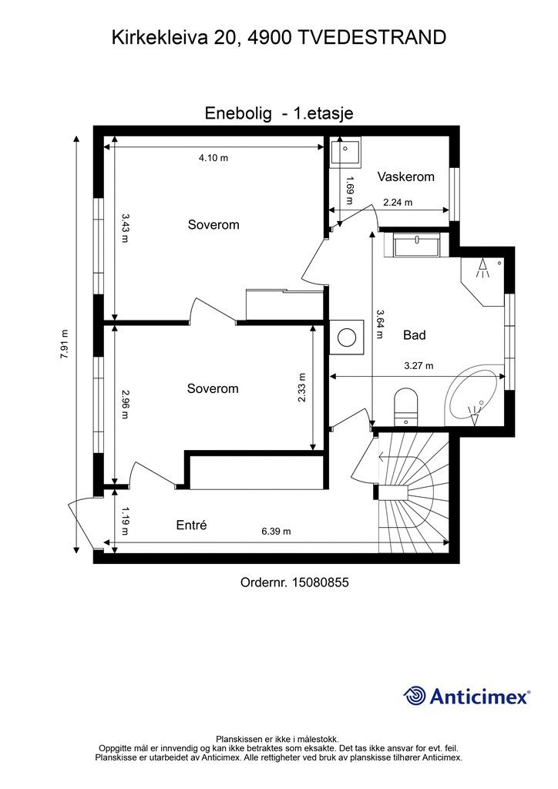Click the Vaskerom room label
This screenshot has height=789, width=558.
pyautogui.click(x=405, y=176)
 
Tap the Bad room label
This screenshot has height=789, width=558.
pyautogui.click(x=415, y=335)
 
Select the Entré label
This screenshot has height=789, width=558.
pyautogui.click(x=192, y=525)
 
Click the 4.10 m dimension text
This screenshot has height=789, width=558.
pyautogui.click(x=213, y=158)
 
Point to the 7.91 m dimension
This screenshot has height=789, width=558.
pyautogui.click(x=64, y=344)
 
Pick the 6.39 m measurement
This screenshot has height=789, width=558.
pyautogui.click(x=276, y=532)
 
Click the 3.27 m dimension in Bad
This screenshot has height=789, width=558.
pyautogui.click(x=418, y=366)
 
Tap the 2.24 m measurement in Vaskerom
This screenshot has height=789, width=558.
pyautogui.click(x=398, y=203)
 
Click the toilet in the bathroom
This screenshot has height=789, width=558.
pyautogui.click(x=406, y=405)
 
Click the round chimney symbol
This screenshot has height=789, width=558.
pyautogui.click(x=347, y=337)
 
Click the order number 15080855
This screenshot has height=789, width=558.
pyautogui.click(x=321, y=583)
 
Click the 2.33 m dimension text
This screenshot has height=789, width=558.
pyautogui.click(x=301, y=388)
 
